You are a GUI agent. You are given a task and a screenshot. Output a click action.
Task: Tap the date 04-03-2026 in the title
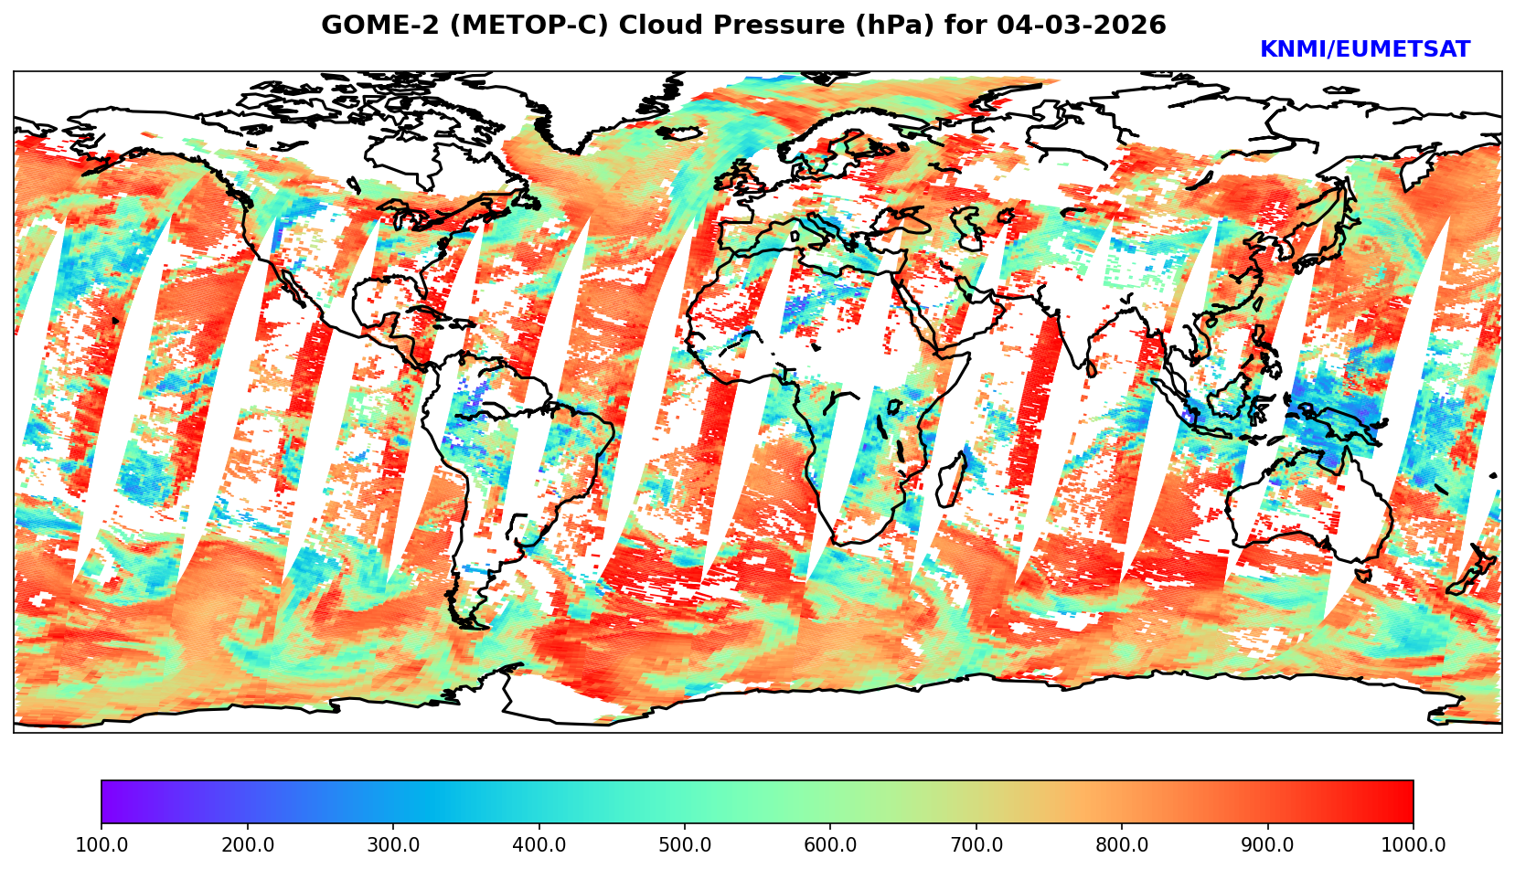(1082, 26)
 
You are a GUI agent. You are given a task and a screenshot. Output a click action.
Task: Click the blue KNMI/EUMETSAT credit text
(1364, 50)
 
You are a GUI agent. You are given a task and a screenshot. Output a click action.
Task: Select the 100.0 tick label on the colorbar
(101, 844)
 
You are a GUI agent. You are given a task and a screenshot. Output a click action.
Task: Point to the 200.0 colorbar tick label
(247, 844)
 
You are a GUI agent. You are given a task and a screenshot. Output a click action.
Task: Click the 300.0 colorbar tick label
(393, 844)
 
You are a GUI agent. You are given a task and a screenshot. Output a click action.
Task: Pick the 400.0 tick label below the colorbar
(539, 844)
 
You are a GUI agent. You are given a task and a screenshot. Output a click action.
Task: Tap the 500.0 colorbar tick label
(685, 844)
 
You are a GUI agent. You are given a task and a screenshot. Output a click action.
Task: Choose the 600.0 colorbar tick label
(830, 844)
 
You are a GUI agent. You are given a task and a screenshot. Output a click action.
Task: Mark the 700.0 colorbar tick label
(976, 844)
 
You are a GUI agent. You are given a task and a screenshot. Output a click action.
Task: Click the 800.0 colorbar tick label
(1122, 844)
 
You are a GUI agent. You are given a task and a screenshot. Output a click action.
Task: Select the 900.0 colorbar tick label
(1268, 844)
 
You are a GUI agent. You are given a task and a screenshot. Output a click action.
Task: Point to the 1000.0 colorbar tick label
(1414, 844)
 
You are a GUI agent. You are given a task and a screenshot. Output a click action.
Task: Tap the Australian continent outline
(1307, 512)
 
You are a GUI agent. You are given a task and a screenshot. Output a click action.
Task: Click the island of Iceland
(678, 133)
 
